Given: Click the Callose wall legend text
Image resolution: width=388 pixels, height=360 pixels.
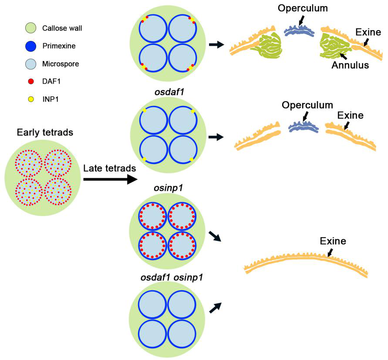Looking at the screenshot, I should pyautogui.click(x=62, y=28).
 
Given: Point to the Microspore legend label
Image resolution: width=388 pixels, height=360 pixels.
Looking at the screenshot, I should pyautogui.click(x=61, y=64).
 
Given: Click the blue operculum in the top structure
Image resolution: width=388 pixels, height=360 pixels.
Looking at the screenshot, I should pyautogui.click(x=299, y=32).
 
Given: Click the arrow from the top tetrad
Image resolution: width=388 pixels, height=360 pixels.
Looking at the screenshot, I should pyautogui.click(x=216, y=44).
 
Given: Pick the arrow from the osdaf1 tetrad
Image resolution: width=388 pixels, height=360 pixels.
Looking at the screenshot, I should pyautogui.click(x=216, y=138).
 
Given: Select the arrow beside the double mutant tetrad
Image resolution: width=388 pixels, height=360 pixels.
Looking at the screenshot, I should pyautogui.click(x=215, y=308).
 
